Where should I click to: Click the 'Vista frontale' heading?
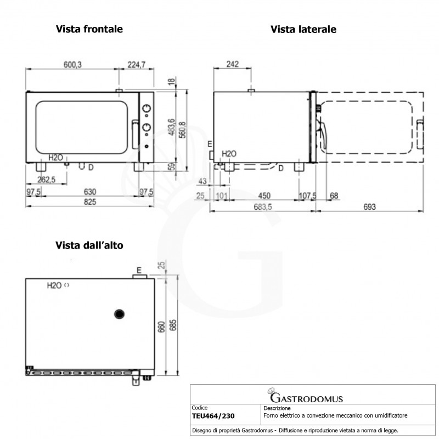[x=89, y=29]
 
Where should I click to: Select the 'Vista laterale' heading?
[x=303, y=29]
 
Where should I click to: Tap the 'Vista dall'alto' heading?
[x=89, y=245]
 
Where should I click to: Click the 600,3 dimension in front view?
[x=72, y=64]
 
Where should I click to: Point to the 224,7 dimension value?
[x=136, y=64]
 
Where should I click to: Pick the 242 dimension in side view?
[x=232, y=64]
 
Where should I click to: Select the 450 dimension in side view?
[x=264, y=196]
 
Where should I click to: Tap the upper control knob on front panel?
[x=147, y=109]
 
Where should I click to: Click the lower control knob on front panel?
[x=147, y=127]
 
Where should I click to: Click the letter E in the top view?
[x=139, y=270]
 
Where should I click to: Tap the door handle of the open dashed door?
[x=420, y=134]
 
